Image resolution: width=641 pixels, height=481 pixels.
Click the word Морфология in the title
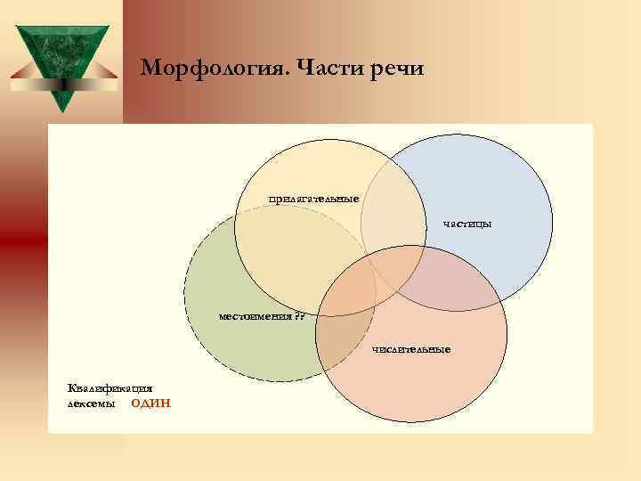pos(202,69)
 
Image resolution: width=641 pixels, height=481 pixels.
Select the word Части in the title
pos(317,69)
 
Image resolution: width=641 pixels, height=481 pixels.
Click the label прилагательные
pos(314,198)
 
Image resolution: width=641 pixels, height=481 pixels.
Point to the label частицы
pos(467,224)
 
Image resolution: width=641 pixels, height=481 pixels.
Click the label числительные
pos(412,348)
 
